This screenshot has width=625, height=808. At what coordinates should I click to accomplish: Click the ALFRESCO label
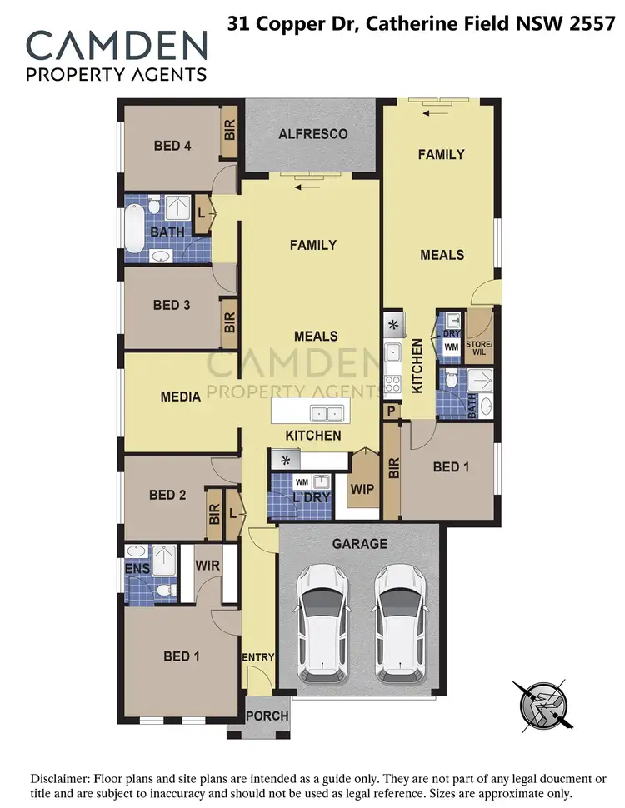pyautogui.click(x=312, y=134)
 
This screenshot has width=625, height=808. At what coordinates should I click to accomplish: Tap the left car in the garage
pyautogui.click(x=324, y=619)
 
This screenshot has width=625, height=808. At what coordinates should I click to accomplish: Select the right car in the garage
pyautogui.click(x=399, y=619)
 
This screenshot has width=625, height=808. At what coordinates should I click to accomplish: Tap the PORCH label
pyautogui.click(x=268, y=716)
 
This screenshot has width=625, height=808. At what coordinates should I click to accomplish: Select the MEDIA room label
pyautogui.click(x=180, y=397)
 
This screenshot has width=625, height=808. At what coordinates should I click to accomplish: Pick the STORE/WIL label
pyautogui.click(x=480, y=344)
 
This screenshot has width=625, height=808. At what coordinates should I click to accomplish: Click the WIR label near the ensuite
pyautogui.click(x=207, y=566)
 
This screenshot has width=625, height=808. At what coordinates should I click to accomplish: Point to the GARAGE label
pyautogui.click(x=360, y=544)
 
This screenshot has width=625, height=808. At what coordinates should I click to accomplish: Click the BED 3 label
pyautogui.click(x=172, y=305)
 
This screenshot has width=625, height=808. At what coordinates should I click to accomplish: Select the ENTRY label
pyautogui.click(x=258, y=658)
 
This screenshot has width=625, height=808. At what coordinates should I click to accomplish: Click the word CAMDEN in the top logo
pyautogui.click(x=116, y=45)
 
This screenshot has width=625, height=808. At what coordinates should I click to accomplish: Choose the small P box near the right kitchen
pyautogui.click(x=390, y=411)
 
